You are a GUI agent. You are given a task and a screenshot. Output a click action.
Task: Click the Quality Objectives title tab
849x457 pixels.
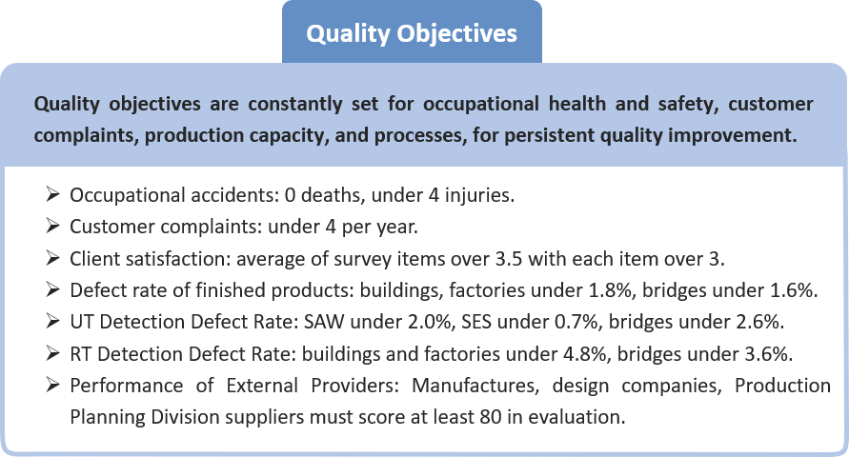(412, 32)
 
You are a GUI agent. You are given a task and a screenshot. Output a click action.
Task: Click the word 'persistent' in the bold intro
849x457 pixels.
(548, 134)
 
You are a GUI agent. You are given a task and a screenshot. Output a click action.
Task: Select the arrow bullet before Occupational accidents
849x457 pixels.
(52, 194)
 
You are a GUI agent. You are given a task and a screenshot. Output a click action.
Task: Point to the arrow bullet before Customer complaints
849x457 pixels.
(52, 226)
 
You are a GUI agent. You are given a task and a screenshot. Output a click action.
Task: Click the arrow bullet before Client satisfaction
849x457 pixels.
(52, 258)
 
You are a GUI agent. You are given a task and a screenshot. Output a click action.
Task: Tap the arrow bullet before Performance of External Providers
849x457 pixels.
(52, 385)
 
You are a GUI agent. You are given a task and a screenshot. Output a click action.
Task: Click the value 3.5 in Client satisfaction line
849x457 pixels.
(509, 259)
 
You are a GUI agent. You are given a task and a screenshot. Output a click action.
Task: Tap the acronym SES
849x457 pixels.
(476, 323)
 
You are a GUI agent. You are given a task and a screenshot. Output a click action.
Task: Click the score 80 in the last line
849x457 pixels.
(491, 417)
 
